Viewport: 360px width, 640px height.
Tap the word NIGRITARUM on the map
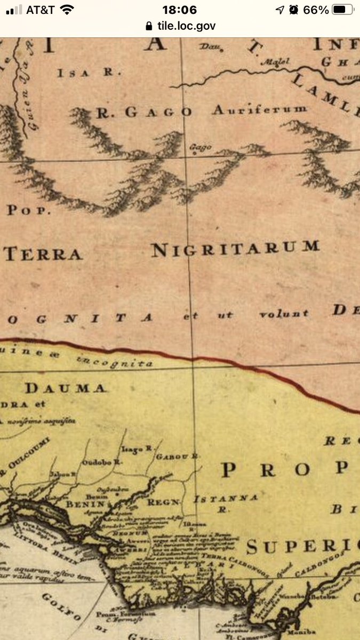235,249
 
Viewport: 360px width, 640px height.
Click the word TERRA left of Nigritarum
43,254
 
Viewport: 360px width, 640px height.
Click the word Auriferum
260,109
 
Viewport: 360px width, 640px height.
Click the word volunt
283,314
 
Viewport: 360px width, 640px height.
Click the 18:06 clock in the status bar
179,10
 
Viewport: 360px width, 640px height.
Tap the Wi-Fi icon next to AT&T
67,10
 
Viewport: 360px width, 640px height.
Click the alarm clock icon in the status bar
294,10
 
